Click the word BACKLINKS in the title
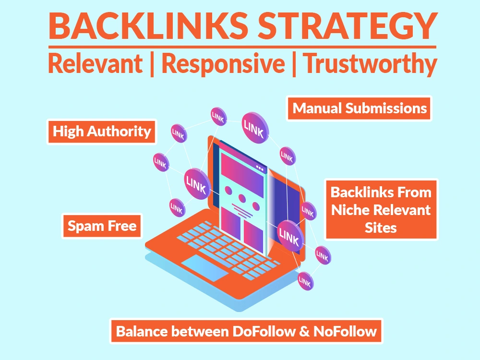[x=148, y=26]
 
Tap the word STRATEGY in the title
[x=347, y=26]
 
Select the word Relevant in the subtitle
[x=96, y=63]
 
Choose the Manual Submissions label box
[x=359, y=108]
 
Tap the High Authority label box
[x=102, y=132]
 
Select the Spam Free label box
[x=102, y=226]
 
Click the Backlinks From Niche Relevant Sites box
[x=381, y=210]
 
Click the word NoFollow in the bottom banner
[x=345, y=332]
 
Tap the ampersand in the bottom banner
[x=304, y=332]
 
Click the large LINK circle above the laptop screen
[x=255, y=128]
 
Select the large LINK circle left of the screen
[x=197, y=184]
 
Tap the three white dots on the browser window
[x=260, y=168]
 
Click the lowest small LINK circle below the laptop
[x=305, y=281]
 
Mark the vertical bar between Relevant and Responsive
[x=152, y=65]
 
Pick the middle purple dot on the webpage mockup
[x=242, y=198]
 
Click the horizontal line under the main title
[x=242, y=47]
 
